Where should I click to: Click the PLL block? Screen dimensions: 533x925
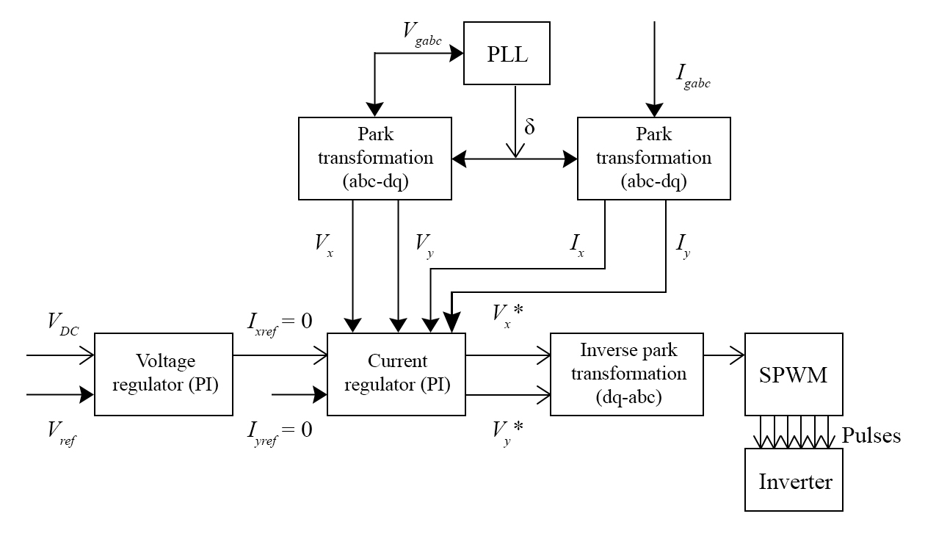pos(507,54)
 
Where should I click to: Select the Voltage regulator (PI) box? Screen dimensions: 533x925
pos(164,374)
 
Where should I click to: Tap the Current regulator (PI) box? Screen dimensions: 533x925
pos(396,374)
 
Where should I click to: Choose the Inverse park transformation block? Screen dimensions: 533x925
pos(626,374)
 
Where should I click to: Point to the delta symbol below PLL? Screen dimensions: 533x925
pos(529,126)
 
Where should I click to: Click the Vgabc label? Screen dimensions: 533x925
pos(422,32)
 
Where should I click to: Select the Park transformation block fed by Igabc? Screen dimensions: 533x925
pos(653,158)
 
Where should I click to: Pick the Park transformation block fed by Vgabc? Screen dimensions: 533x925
pos(374,158)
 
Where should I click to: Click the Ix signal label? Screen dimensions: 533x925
pos(577,244)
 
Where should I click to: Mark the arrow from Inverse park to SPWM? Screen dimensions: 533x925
pos(724,355)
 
